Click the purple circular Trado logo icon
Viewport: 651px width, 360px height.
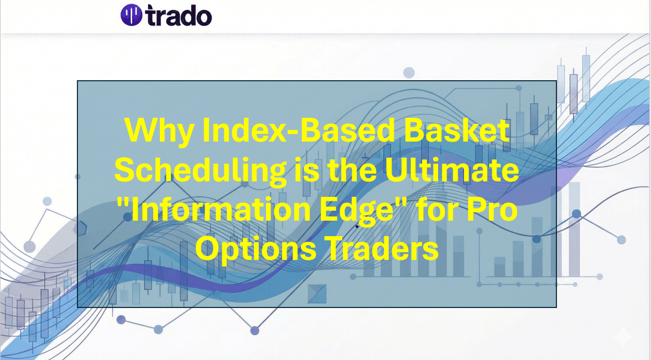tap(131, 15)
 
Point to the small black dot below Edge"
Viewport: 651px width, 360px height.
tap(357, 226)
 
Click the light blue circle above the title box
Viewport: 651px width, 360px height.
tap(409, 72)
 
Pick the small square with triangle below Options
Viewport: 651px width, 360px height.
tap(317, 293)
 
